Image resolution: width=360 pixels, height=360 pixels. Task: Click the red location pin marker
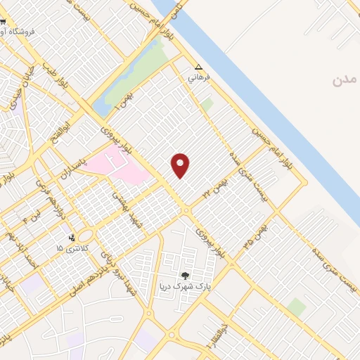pos(181,165)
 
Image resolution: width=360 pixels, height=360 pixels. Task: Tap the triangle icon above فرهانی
pos(198,68)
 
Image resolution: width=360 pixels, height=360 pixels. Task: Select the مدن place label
pos(345,80)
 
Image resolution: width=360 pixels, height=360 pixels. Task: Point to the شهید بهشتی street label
pos(133,222)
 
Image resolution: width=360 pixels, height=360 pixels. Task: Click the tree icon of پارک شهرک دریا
pos(185,276)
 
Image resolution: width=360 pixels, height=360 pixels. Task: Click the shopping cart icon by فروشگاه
pos(4,31)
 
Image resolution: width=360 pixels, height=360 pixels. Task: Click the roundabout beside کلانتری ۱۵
pos(86,236)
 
